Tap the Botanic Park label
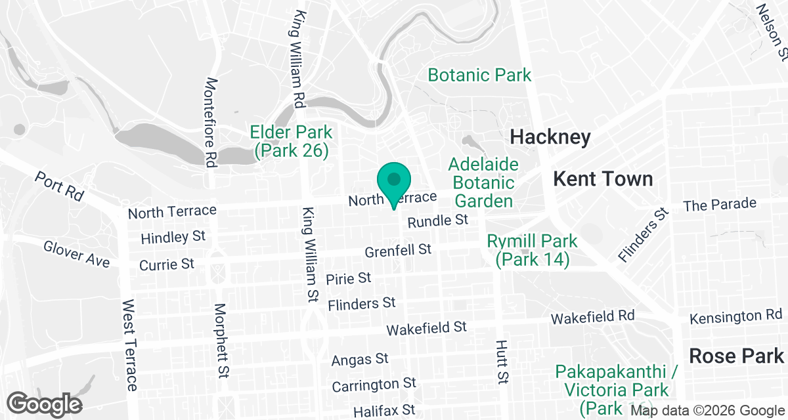coord(479,75)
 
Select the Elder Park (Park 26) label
coord(291,141)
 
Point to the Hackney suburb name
coord(550,137)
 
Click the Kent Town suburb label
coord(603,178)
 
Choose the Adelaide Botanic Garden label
coord(484,182)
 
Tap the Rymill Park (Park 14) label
coord(532,250)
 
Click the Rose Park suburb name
coord(736,356)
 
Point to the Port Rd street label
coord(60,187)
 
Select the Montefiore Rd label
coord(211,123)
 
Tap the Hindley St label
coord(173,236)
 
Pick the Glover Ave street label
coord(77,254)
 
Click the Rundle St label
coord(437,221)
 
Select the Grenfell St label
coord(398,250)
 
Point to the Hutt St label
coord(502,361)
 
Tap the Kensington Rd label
coord(735,318)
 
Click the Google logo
coord(45,403)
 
